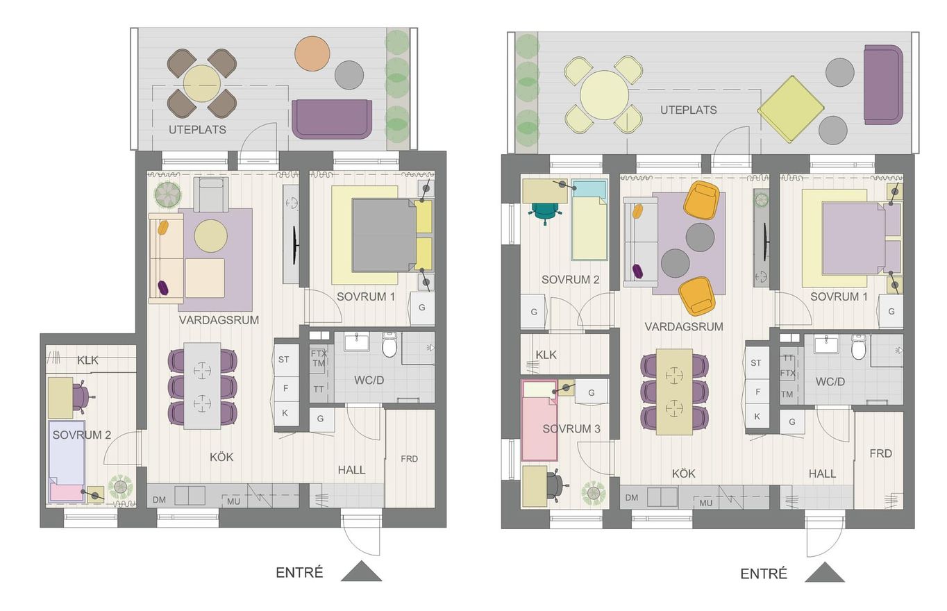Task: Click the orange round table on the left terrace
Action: (312, 53)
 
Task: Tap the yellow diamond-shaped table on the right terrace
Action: (791, 109)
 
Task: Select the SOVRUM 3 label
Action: (571, 429)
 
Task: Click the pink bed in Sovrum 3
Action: (539, 420)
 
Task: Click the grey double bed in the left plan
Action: (384, 235)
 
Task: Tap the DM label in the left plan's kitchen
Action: (159, 500)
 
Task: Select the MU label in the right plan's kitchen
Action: (705, 503)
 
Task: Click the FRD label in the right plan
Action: (880, 453)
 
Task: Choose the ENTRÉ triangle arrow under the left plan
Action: (362, 571)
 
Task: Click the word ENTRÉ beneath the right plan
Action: (764, 574)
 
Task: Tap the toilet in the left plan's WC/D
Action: (389, 344)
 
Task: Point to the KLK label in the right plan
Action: (546, 355)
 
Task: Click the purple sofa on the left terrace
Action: (332, 119)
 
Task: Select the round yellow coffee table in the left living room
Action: (210, 236)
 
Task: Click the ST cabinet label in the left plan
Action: (283, 360)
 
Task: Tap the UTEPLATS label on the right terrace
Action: (689, 110)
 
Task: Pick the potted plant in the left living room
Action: (168, 194)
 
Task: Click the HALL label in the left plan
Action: (351, 470)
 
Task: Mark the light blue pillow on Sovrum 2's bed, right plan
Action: (589, 189)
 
